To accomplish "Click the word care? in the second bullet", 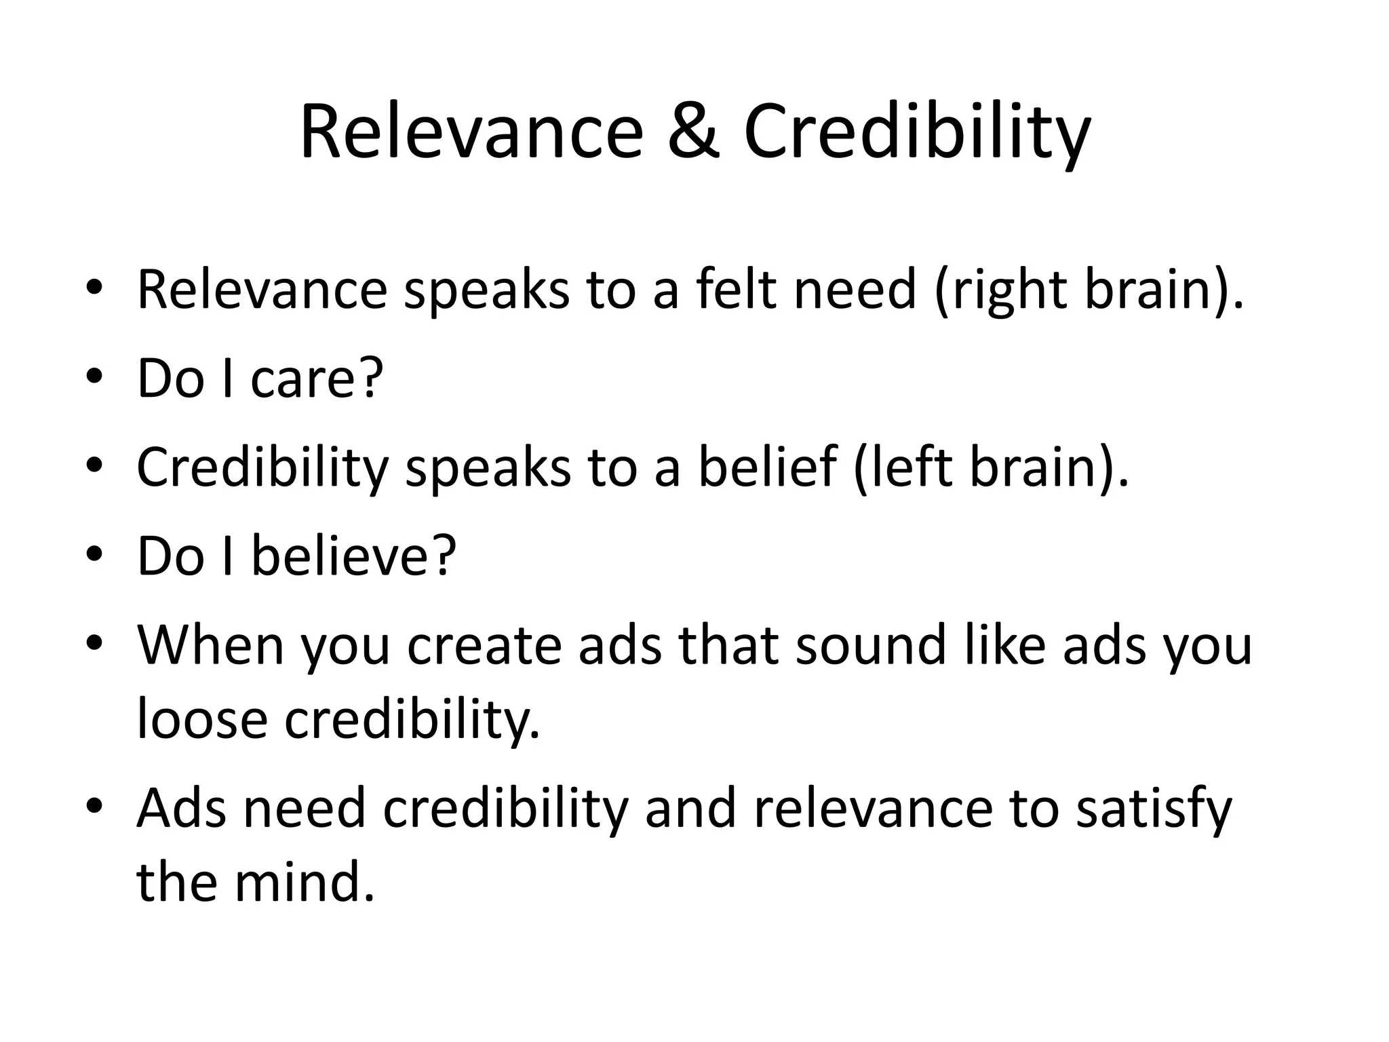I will pyautogui.click(x=317, y=378).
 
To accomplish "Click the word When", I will pyautogui.click(x=210, y=644).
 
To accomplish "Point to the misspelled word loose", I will pyautogui.click(x=202, y=719).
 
